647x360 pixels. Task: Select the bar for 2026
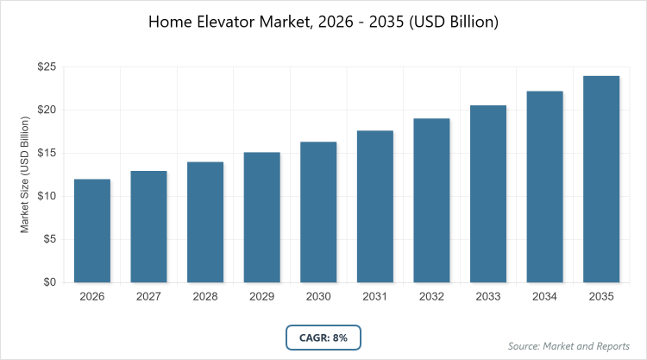(x=92, y=231)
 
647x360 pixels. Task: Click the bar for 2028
(x=205, y=222)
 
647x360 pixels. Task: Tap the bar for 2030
(x=318, y=212)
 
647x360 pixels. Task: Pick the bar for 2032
(x=431, y=200)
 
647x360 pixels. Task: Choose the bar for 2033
(x=488, y=193)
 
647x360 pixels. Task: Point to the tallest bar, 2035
(x=601, y=179)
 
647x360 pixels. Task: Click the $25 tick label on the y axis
(x=47, y=66)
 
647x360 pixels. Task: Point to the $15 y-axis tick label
(x=47, y=153)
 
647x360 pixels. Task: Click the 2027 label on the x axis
(x=148, y=297)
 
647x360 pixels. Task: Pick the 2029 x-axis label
(x=261, y=297)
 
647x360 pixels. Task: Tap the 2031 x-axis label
(x=375, y=297)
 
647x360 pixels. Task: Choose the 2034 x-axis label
(x=544, y=297)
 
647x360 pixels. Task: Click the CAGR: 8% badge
(x=323, y=338)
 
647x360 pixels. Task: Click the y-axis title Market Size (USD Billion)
(x=25, y=174)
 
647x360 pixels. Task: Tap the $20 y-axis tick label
(x=47, y=110)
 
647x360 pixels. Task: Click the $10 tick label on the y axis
(x=47, y=196)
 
